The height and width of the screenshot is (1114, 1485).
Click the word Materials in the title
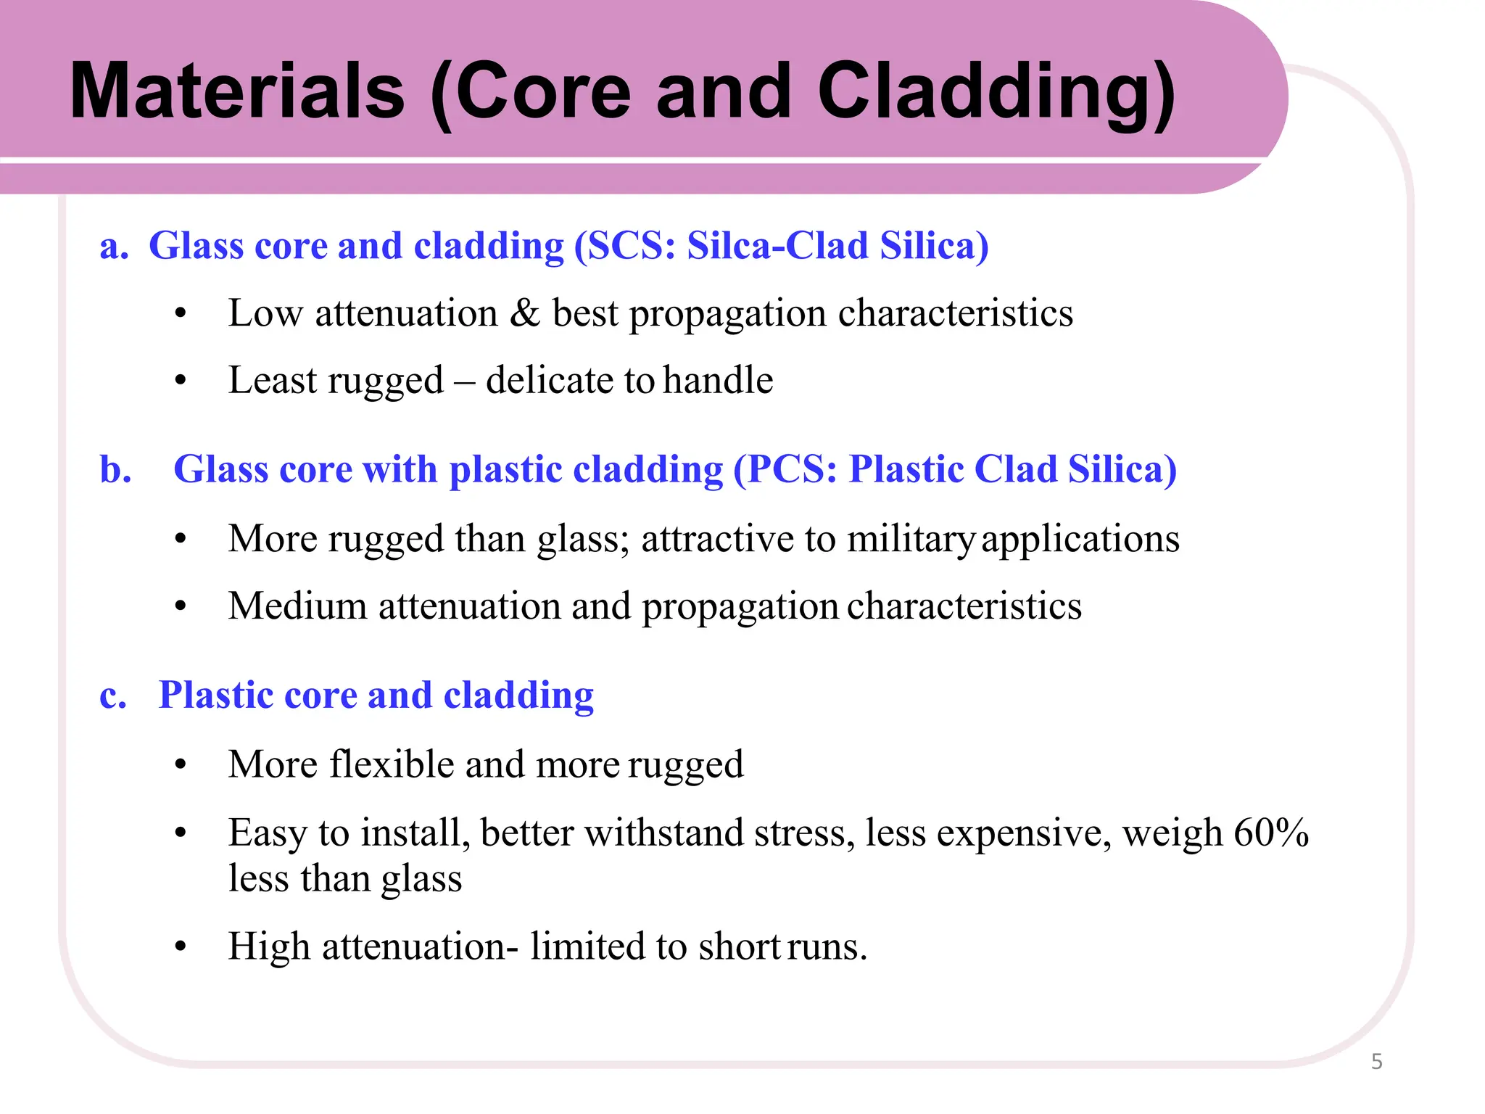pyautogui.click(x=237, y=92)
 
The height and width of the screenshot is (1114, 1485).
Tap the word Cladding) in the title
pyautogui.click(x=996, y=92)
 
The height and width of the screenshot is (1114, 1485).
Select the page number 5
pyautogui.click(x=1376, y=1062)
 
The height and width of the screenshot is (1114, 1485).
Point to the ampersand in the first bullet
pyautogui.click(x=524, y=313)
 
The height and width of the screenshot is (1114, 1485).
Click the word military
pyautogui.click(x=911, y=539)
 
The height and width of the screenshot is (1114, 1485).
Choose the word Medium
pyautogui.click(x=297, y=606)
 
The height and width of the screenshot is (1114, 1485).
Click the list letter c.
pyautogui.click(x=113, y=695)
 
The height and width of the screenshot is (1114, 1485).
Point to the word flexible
pyautogui.click(x=392, y=764)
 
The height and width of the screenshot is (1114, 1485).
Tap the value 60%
pyautogui.click(x=1270, y=833)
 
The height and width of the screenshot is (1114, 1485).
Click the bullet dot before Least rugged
pyautogui.click(x=181, y=381)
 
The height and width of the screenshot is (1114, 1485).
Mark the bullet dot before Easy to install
pyautogui.click(x=181, y=833)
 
